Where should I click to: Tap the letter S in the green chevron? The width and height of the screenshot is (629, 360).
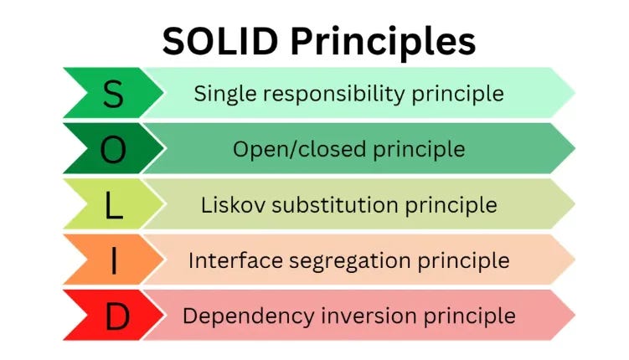click(x=112, y=95)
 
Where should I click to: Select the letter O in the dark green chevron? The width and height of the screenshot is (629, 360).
click(x=113, y=149)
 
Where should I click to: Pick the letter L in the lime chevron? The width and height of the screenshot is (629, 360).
click(x=113, y=205)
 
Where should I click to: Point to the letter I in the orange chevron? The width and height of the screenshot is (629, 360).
click(x=113, y=260)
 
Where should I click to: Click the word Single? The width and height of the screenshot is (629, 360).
click(x=220, y=94)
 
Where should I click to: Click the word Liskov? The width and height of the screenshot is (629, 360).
click(x=229, y=205)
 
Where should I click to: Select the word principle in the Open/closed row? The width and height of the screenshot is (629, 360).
click(x=423, y=150)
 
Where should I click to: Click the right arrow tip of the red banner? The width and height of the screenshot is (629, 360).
click(x=572, y=316)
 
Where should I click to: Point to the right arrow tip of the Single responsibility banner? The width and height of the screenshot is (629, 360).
click(x=572, y=93)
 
